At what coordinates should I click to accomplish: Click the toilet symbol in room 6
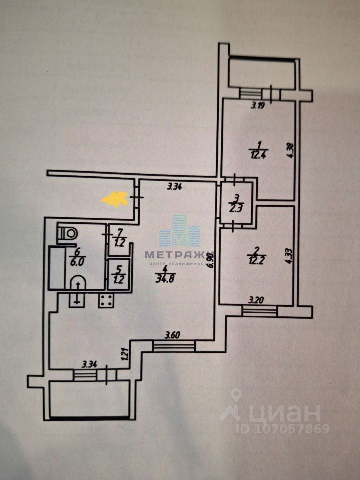click(68, 233)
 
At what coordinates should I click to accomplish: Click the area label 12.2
click(255, 258)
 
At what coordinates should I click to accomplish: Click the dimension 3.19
click(257, 105)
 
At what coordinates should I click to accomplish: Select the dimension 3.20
click(257, 301)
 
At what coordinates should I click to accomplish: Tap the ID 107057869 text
click(283, 429)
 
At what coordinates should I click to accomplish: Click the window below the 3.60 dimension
click(174, 346)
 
